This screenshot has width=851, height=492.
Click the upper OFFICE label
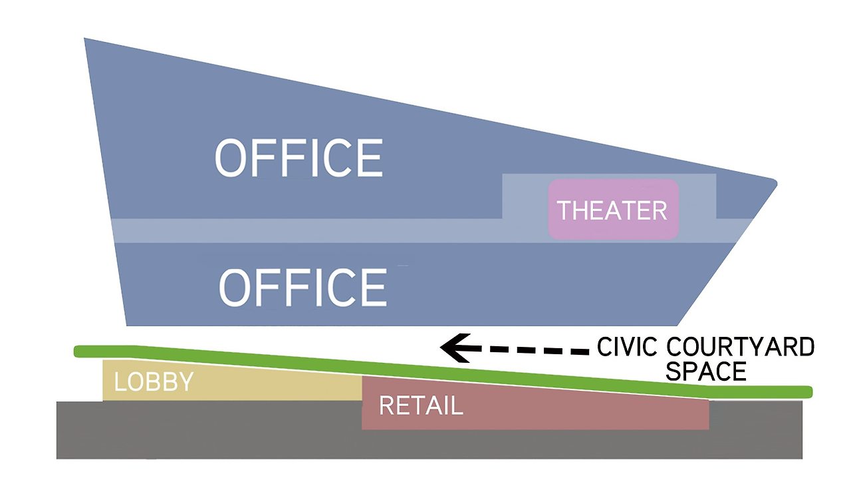point(299,158)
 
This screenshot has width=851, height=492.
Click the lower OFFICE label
point(303,288)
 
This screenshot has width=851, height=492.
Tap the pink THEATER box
point(613,209)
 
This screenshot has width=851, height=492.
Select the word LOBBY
point(154,381)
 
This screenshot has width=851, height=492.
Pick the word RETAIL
point(421,405)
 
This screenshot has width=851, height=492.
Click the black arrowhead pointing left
point(456,348)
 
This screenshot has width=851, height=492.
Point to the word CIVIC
point(627,347)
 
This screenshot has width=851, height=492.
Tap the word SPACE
point(706,371)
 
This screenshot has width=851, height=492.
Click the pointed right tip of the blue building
point(777,183)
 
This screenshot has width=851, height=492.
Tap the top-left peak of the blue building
point(84,39)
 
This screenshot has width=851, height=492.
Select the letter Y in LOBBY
point(186,381)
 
